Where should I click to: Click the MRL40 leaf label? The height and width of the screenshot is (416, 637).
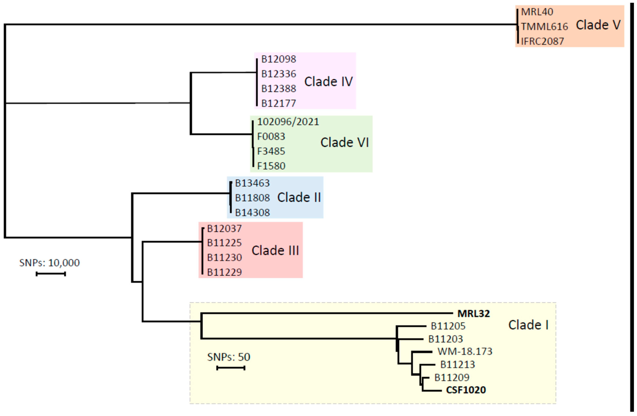pos(537,12)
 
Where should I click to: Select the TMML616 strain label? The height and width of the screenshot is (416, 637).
pos(544,26)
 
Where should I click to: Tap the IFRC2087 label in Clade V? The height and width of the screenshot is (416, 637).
pos(543,41)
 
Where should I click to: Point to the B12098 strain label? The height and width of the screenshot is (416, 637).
pos(279,59)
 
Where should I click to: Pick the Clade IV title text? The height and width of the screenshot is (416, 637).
pos(329,82)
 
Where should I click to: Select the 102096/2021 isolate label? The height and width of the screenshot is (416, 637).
pos(288,122)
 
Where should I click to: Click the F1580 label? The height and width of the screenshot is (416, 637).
pos(271,166)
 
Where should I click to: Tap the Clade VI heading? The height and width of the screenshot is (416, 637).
pos(345,142)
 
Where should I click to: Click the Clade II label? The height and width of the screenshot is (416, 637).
pos(299,197)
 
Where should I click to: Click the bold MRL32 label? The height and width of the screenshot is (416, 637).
pos(474,313)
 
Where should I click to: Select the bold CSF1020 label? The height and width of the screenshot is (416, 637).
pos(466,390)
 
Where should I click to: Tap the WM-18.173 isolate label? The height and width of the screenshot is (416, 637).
pos(465,351)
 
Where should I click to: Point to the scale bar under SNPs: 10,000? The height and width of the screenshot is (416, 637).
pos(51,274)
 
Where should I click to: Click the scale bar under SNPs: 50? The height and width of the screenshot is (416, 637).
pos(231,368)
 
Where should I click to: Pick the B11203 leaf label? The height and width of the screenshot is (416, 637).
pos(446,339)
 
